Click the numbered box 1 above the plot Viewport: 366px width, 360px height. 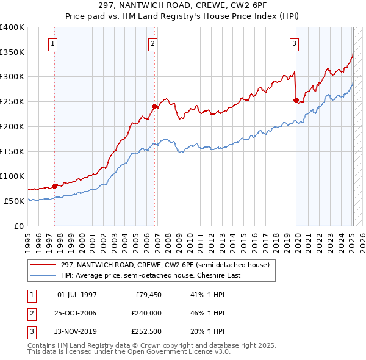(53, 43)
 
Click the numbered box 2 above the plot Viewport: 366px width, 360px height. (152, 43)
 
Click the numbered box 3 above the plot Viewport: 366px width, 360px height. (294, 43)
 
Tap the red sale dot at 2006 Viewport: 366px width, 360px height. (155, 106)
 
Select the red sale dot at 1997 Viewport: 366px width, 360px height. (54, 186)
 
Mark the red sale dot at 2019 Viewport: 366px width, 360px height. (296, 100)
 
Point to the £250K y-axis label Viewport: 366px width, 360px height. (12, 101)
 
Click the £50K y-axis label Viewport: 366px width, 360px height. (14, 201)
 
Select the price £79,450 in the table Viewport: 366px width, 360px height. (147, 295)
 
